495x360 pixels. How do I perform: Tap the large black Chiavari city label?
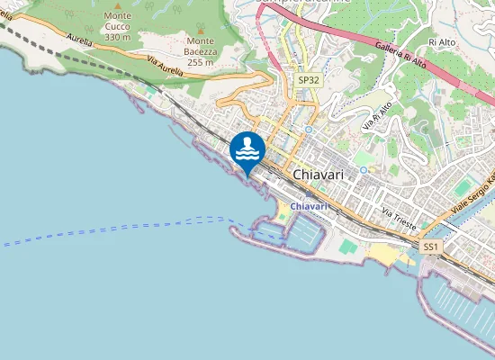click(319, 175)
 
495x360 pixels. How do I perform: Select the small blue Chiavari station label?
click(309, 207)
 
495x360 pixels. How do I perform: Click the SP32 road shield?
click(308, 80)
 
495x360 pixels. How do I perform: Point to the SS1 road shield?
click(431, 246)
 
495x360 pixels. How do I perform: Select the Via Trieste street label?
click(399, 219)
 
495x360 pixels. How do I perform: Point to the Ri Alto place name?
click(443, 42)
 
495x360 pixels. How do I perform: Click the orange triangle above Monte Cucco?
click(117, 4)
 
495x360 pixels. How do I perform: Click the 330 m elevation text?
click(117, 37)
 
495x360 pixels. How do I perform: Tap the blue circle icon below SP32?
click(308, 129)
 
